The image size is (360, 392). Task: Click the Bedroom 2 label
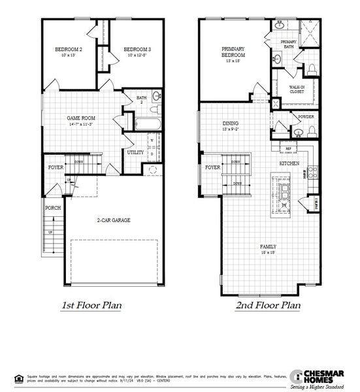[x=67, y=50]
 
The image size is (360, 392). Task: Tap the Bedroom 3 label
[x=137, y=50]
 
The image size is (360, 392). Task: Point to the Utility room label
[x=135, y=153]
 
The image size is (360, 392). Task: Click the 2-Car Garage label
[x=114, y=220]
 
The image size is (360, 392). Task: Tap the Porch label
[x=53, y=208]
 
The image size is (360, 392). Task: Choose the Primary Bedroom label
[x=233, y=53]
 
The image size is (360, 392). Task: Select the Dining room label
[x=230, y=123]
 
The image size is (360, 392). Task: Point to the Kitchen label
[x=289, y=163]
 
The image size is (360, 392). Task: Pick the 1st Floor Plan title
[x=92, y=305]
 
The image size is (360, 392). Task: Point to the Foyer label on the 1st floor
[x=56, y=168]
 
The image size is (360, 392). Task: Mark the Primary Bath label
[x=289, y=44]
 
